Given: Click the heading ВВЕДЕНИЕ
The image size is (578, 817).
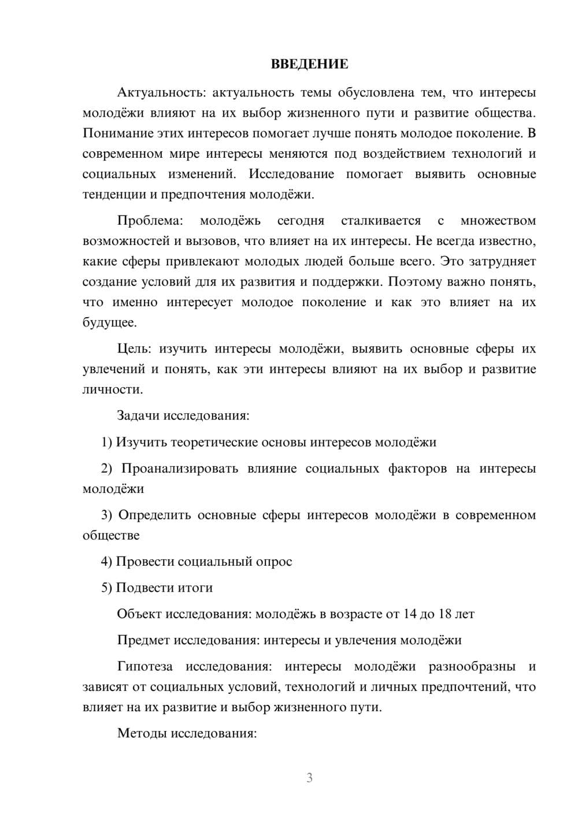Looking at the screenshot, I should click(x=309, y=64).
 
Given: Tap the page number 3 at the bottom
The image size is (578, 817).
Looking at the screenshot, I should click(x=309, y=778).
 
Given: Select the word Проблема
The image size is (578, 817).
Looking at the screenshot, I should click(x=150, y=221).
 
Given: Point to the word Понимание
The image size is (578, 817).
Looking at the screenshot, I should click(x=117, y=133).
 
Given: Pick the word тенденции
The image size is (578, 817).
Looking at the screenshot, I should click(x=112, y=195).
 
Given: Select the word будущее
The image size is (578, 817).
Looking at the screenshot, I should click(x=110, y=323).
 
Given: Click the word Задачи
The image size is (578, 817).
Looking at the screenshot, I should click(x=138, y=415).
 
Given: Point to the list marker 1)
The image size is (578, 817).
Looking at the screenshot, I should click(x=106, y=443).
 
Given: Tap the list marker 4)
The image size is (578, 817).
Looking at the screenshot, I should click(x=106, y=562).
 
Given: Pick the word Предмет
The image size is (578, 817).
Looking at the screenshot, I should click(x=144, y=640).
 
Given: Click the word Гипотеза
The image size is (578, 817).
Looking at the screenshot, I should click(x=145, y=667).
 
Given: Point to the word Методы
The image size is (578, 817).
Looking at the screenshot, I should click(x=139, y=734).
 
